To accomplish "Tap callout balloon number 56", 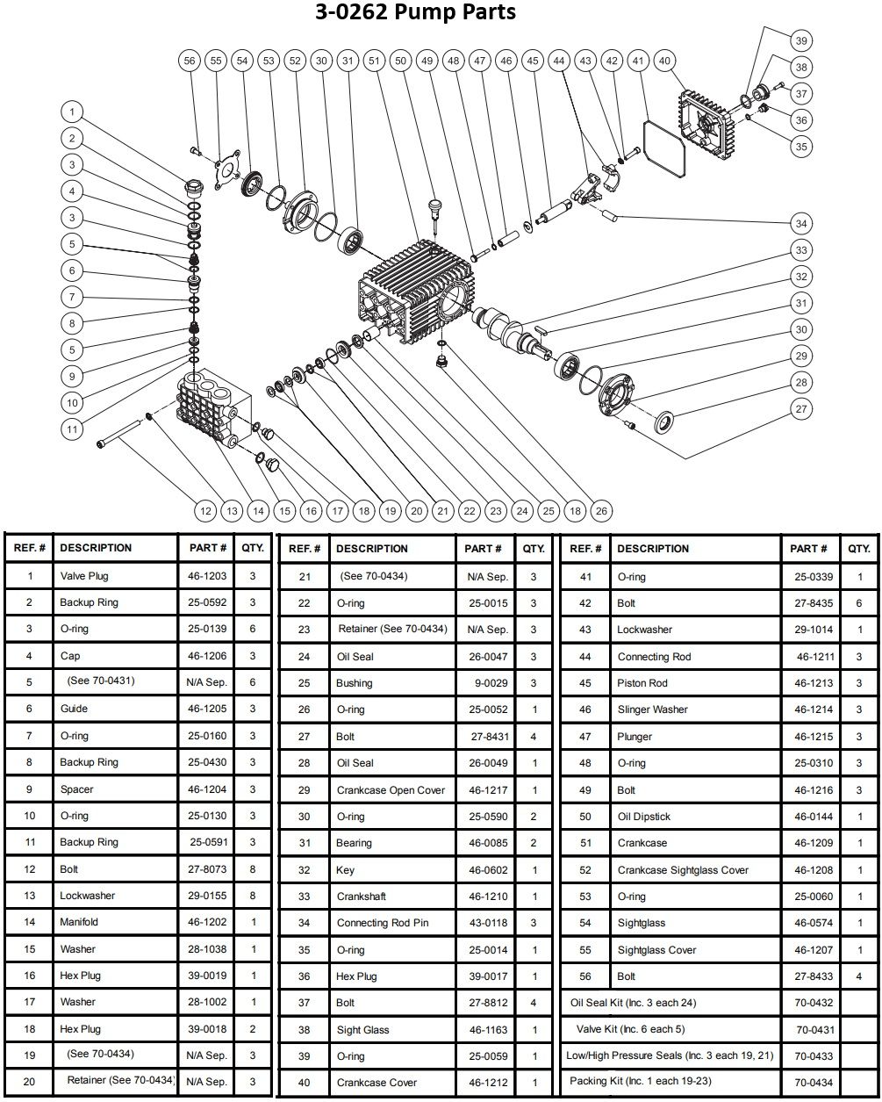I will point(189,61).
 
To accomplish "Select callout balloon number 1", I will point(73,112).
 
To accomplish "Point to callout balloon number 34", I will point(800,223).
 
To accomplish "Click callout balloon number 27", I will point(800,408).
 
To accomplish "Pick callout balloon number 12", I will point(204,510).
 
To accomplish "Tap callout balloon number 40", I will point(664,61).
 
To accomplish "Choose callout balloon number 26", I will point(600,510).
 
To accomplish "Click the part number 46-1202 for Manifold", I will point(208,922).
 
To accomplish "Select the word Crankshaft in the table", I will point(361,897).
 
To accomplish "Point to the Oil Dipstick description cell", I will point(643,817).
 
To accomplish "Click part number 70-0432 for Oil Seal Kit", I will point(814,1003).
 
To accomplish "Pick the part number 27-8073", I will point(208,869).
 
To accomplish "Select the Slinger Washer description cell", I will point(652,709).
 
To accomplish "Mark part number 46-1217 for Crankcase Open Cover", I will point(484,790).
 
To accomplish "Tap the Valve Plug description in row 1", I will point(84,576).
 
